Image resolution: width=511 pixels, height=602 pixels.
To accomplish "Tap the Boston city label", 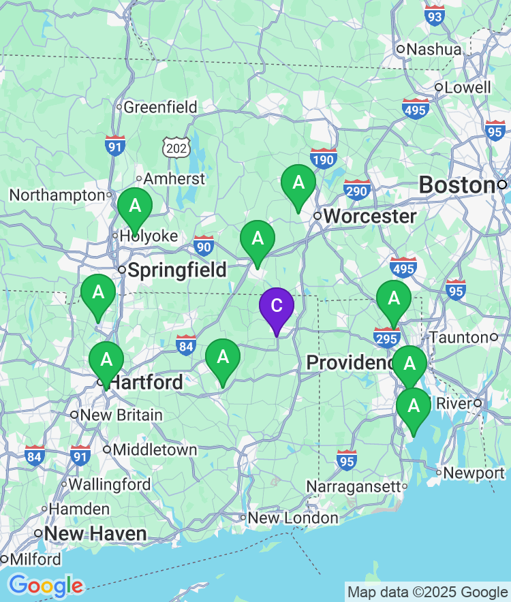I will coord(456,185).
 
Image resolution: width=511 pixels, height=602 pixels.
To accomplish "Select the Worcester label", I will coord(369,217).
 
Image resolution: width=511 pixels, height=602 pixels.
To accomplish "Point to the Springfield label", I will coord(177,270).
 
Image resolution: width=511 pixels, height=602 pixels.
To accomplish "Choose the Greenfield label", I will coord(160,107).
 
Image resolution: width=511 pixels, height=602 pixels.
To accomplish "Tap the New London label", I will coord(293,518).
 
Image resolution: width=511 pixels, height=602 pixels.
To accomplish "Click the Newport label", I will coord(474,473).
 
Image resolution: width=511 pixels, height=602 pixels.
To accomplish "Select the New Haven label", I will coord(95,533).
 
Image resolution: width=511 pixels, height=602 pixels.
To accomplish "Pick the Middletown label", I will coord(155,449).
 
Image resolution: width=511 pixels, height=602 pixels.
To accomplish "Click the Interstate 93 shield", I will coord(434,15).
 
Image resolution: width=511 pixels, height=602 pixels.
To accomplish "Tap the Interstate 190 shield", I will coord(324,159).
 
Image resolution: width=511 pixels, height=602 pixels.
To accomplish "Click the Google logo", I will coord(46,585).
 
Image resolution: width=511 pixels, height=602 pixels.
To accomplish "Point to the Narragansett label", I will coord(353,486).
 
